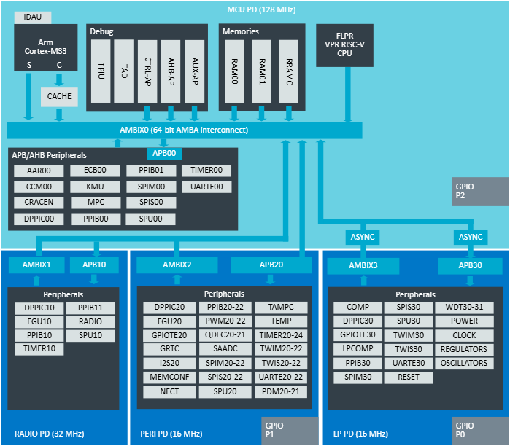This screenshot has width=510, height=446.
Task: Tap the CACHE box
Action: point(59,95)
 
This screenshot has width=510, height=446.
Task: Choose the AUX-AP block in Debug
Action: point(194,70)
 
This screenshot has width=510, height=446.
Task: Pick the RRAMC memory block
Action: point(290,70)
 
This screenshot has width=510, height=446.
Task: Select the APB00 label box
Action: point(163,154)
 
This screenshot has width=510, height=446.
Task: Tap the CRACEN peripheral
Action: point(39,203)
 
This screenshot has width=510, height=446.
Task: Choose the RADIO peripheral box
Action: point(90,321)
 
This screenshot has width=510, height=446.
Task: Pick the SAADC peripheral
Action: point(224,349)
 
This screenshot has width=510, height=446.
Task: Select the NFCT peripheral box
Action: point(170,391)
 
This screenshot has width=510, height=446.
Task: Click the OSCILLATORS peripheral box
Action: point(464,364)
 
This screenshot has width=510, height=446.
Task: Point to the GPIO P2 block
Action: point(480,191)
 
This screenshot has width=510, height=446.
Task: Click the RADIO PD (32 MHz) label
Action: point(50,434)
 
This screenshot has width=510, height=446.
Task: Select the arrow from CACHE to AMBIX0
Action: point(59,114)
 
